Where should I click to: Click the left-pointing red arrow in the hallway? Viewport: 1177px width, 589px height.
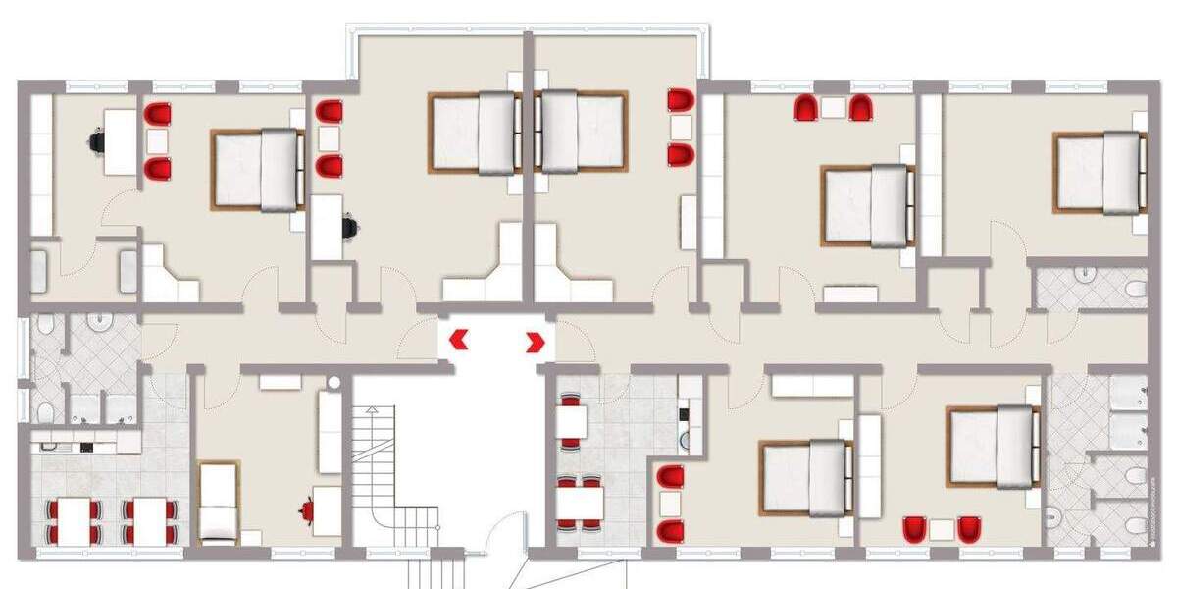[457, 341]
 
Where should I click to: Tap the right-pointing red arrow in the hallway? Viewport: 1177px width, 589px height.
[536, 342]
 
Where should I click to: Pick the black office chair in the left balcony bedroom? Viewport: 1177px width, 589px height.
[349, 228]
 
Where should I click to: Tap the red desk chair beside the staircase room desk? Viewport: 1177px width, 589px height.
[308, 509]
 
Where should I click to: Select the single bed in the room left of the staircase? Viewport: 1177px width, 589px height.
[218, 502]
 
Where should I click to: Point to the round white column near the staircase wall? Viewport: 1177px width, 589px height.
[333, 382]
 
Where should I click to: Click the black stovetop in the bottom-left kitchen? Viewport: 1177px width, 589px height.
[86, 448]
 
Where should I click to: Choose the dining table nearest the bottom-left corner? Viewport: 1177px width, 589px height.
[74, 520]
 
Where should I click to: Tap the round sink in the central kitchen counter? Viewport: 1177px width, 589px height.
[685, 440]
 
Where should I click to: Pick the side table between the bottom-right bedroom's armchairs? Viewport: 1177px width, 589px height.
[942, 530]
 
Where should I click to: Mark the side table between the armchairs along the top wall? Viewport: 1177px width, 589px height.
[834, 108]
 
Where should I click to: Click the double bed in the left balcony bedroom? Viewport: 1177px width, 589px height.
[474, 133]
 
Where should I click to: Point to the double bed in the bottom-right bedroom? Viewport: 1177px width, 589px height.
[993, 447]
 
